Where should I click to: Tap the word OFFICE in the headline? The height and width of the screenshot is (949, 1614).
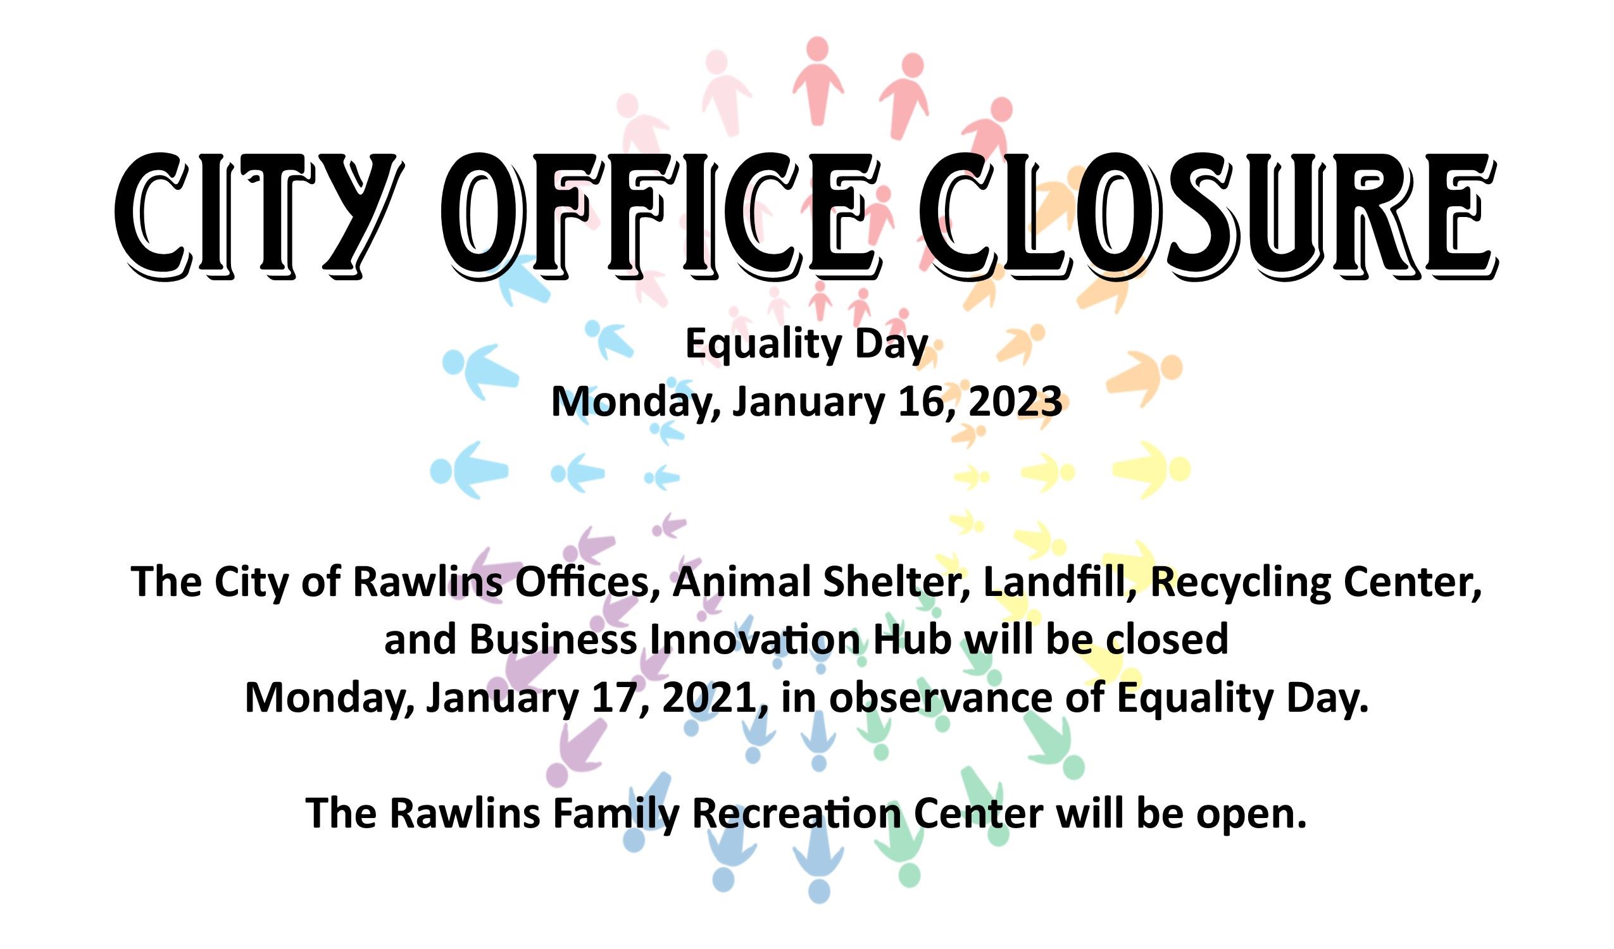660,214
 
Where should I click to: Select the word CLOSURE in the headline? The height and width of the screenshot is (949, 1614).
1207,214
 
